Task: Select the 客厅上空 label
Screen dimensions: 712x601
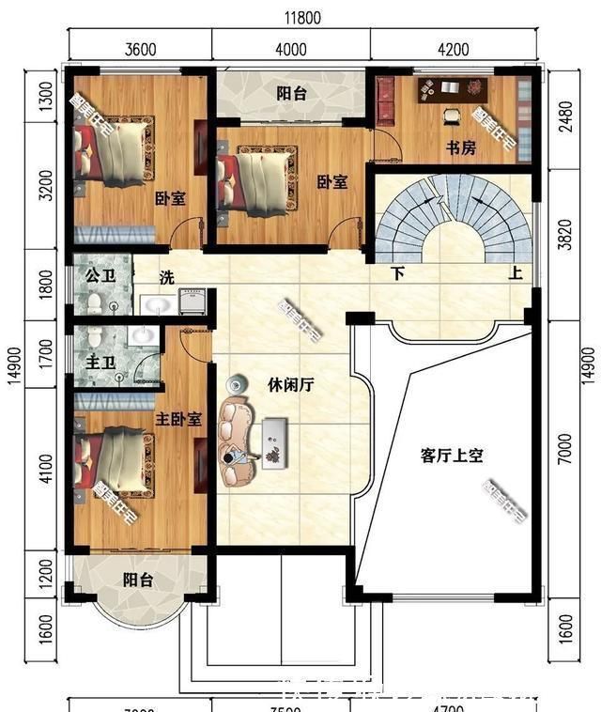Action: pyautogui.click(x=451, y=456)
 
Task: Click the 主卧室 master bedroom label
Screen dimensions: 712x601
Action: pyautogui.click(x=177, y=419)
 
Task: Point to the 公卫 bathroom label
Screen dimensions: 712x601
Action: pyautogui.click(x=99, y=277)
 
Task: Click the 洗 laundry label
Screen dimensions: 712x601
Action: pyautogui.click(x=166, y=277)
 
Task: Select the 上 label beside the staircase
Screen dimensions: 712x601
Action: pyautogui.click(x=516, y=275)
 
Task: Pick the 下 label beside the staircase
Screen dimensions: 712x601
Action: pyautogui.click(x=398, y=275)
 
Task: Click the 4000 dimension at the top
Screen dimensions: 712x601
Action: pyautogui.click(x=290, y=50)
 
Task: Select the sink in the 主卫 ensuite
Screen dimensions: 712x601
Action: pyautogui.click(x=142, y=336)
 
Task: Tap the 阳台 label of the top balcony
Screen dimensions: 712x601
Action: pyautogui.click(x=290, y=93)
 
